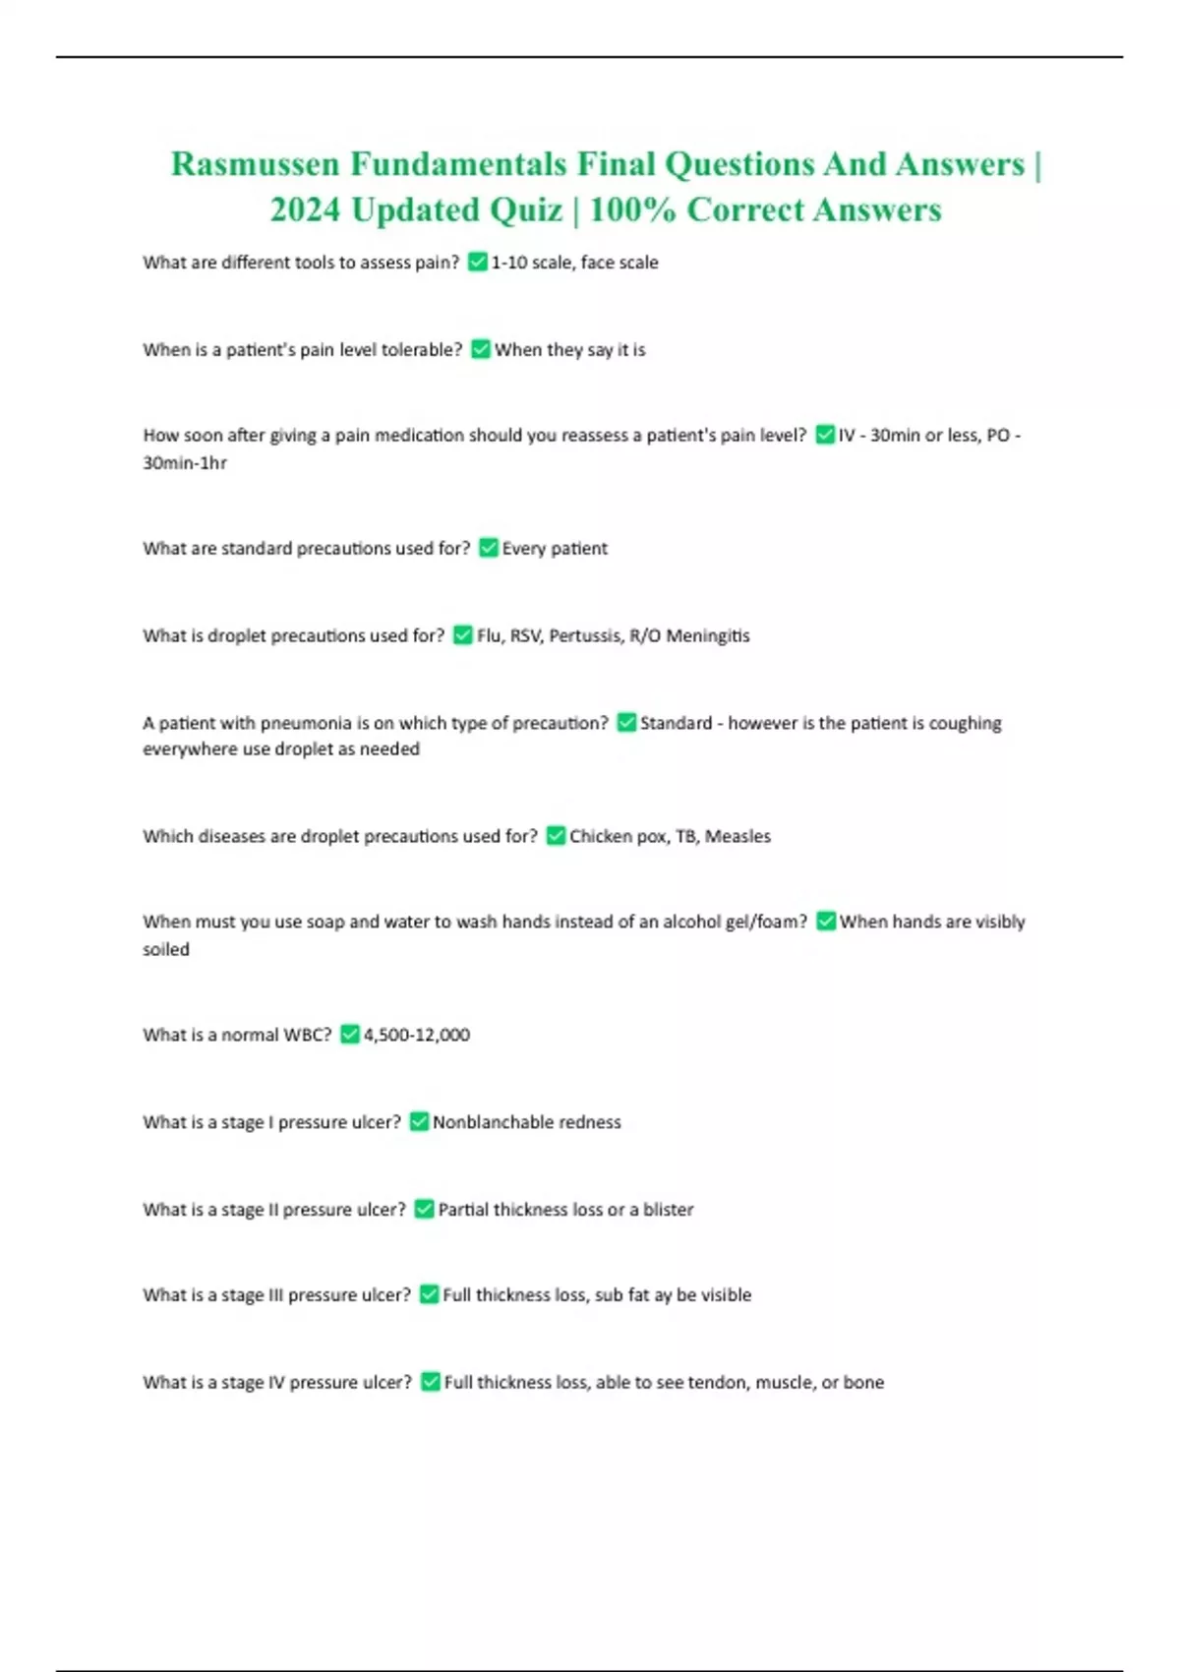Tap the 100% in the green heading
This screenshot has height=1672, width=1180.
(632, 209)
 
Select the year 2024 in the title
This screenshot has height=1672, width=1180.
(305, 209)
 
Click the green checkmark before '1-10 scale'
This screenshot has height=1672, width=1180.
(478, 262)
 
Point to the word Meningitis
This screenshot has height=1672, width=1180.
(708, 635)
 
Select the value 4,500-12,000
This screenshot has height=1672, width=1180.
(417, 1035)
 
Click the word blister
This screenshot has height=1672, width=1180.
(669, 1210)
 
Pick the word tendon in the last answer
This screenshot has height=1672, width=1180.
(718, 1382)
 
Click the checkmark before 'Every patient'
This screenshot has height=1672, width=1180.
(489, 548)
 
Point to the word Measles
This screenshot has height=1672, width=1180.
(737, 836)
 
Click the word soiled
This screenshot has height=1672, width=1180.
(166, 949)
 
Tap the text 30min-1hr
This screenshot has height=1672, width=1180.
(185, 462)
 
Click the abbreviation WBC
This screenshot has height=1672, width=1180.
(308, 1035)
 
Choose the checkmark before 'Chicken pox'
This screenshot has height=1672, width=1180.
(556, 836)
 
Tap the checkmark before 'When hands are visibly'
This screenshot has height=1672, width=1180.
(826, 922)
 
